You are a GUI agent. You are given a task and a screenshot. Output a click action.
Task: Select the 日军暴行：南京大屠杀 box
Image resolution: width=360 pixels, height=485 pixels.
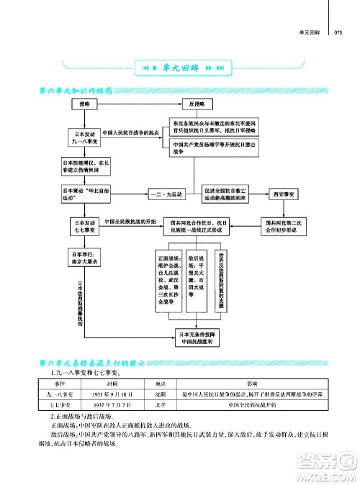85,259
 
